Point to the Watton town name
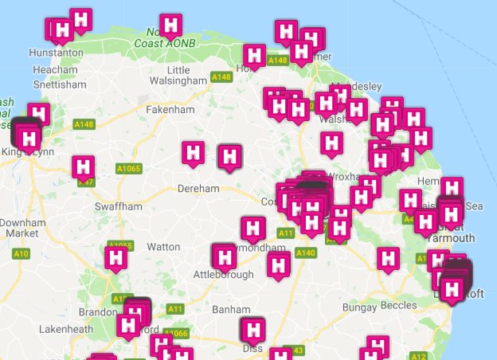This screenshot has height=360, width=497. [x=164, y=247]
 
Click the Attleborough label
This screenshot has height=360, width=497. [x=224, y=275]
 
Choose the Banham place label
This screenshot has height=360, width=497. [x=230, y=309]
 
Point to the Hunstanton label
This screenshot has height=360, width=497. [x=56, y=53]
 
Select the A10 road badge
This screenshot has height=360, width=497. [x=22, y=254]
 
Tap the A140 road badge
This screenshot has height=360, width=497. [x=306, y=252]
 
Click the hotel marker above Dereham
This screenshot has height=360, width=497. [x=194, y=151]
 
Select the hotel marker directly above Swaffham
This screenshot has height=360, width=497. [x=84, y=166]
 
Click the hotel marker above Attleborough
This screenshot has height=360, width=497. [x=224, y=254]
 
